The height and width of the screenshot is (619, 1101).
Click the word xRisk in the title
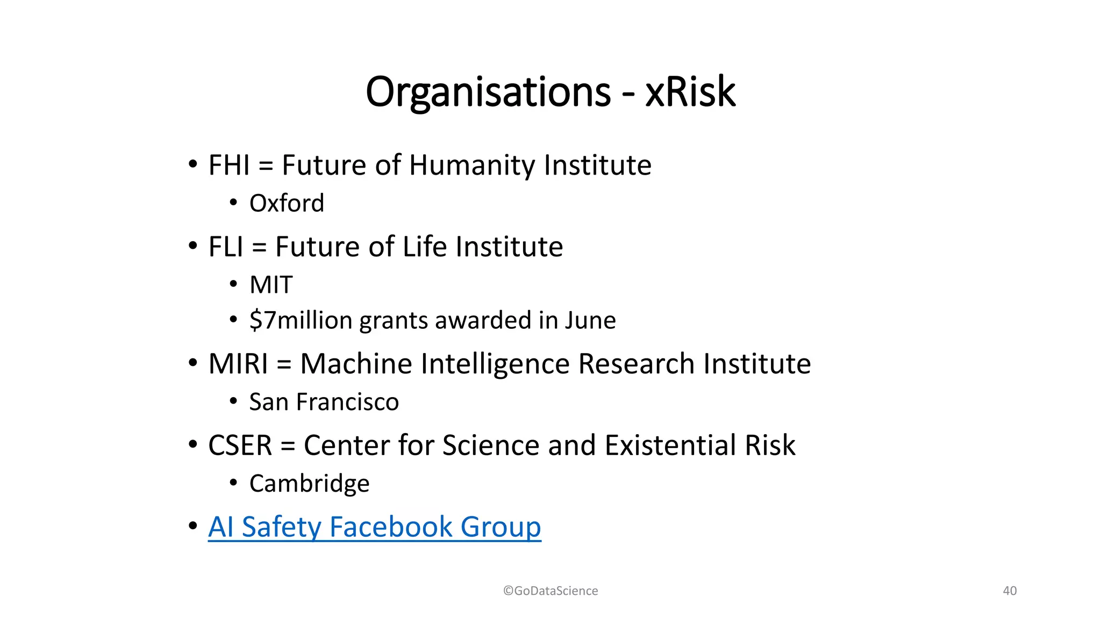coord(690,92)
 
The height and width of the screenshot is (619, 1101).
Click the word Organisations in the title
coord(488,92)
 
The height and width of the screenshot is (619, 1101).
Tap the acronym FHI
coord(229,165)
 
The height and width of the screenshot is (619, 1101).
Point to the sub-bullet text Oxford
coord(287,203)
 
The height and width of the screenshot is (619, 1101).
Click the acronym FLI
coord(226,247)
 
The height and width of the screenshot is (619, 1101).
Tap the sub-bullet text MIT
coord(271,285)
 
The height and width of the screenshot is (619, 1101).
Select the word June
coord(590,320)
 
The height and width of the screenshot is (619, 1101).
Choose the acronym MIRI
coord(238,364)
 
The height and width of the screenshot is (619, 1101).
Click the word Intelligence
coord(495,364)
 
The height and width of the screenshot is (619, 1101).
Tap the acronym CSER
coord(240,445)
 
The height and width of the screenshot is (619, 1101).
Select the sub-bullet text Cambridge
coord(309,484)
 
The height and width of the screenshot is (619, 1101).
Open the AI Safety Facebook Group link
coord(374,527)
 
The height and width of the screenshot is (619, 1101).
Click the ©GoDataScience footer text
coord(550,591)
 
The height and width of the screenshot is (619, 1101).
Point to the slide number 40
coord(1010,591)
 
